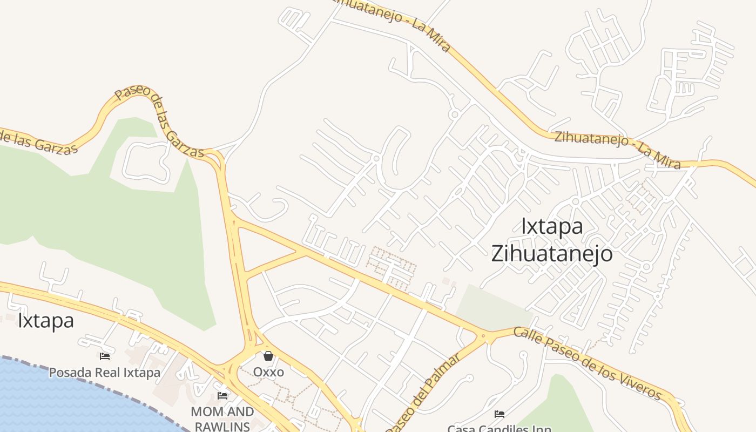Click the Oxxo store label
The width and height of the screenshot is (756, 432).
(x=268, y=372)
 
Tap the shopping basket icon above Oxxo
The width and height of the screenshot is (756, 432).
(x=268, y=356)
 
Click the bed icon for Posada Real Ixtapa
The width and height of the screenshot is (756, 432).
(x=105, y=356)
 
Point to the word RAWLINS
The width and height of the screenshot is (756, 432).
(x=222, y=426)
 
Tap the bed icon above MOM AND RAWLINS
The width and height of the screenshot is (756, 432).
(x=222, y=396)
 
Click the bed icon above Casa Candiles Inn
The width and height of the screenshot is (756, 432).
(x=500, y=414)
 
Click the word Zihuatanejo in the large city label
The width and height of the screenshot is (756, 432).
(x=551, y=253)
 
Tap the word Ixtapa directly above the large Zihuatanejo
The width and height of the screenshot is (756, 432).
(x=552, y=226)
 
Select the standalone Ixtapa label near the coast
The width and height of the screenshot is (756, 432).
(x=46, y=320)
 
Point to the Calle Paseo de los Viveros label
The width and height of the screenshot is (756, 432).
(x=587, y=363)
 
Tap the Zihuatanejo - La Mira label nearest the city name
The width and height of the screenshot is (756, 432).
(x=617, y=149)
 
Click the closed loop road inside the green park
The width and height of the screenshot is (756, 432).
(x=146, y=163)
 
